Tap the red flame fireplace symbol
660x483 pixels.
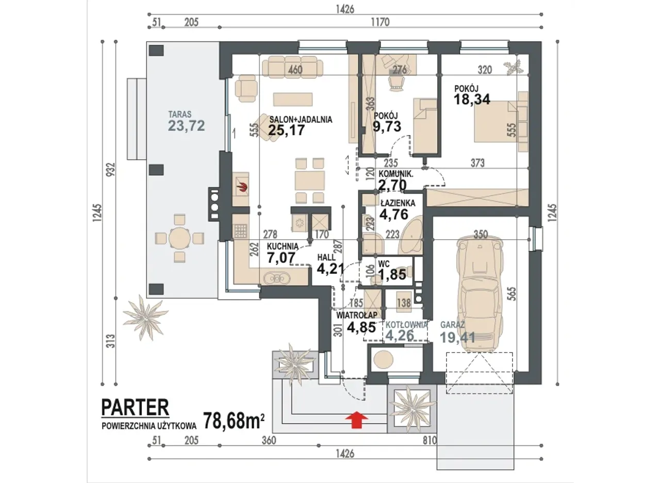[x=243, y=187]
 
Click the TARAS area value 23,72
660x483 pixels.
[x=186, y=126]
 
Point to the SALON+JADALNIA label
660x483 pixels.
[x=301, y=120]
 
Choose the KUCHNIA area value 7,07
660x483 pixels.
[x=281, y=257]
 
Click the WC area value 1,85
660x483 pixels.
[x=392, y=274]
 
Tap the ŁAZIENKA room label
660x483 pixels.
[x=398, y=203]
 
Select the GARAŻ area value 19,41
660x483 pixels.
[x=457, y=338]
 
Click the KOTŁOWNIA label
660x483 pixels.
[x=406, y=325]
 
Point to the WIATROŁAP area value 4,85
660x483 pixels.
[x=361, y=327]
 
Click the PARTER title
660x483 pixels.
[x=135, y=407]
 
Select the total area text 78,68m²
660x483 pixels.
[x=234, y=421]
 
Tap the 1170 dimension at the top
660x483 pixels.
[x=380, y=22]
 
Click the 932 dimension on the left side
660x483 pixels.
[x=111, y=170]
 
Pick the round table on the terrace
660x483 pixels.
[x=179, y=238]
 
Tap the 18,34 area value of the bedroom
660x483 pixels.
[x=472, y=99]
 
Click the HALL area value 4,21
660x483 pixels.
[x=331, y=268]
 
